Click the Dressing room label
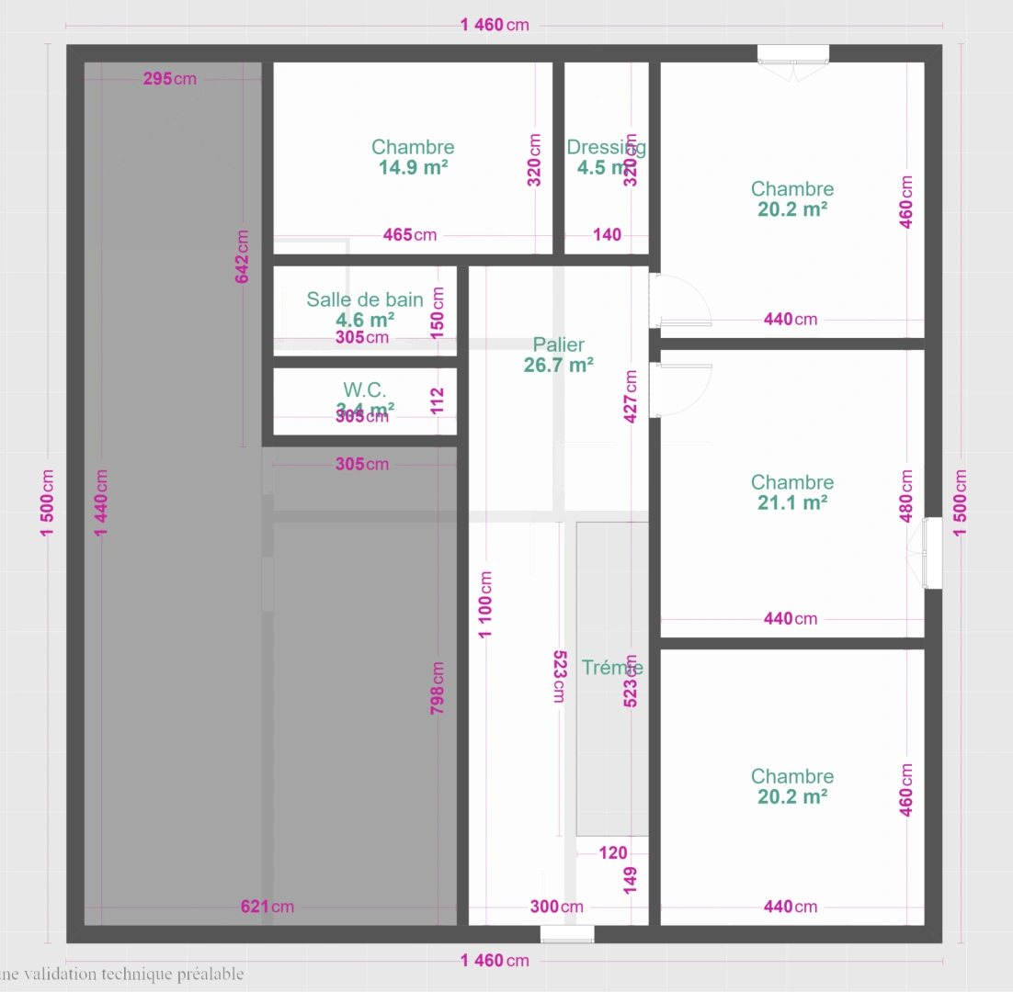[x=606, y=147]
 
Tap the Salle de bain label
[x=365, y=299]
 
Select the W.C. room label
[x=365, y=389]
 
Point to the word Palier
[x=559, y=344]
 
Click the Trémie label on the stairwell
[x=612, y=668]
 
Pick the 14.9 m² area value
[x=413, y=167]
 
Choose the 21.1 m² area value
[x=792, y=502]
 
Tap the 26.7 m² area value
[x=559, y=365]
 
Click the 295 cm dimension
[x=170, y=79]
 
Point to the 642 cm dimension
[x=243, y=256]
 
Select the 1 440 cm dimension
[x=101, y=505]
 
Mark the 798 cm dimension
[x=438, y=688]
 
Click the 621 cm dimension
[x=267, y=907]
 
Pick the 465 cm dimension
[x=410, y=235]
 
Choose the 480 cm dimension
[x=906, y=497]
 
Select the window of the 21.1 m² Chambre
[x=932, y=553]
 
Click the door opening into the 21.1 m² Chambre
[x=681, y=389]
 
